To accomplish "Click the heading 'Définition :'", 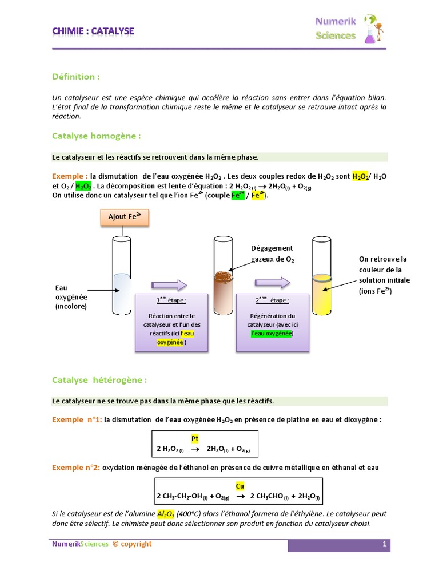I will click(76, 77).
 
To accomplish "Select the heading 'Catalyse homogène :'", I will click(96, 136).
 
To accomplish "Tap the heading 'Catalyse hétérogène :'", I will click(99, 379).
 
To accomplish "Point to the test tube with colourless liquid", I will click(122, 275).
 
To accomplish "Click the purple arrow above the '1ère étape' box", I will click(169, 284).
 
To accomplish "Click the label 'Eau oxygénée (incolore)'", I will click(71, 298).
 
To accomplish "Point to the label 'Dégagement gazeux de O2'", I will click(272, 254).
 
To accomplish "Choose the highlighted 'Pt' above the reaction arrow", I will click(195, 438).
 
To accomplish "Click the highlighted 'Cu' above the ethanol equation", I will click(240, 486).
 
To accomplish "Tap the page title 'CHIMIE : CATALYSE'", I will click(93, 31).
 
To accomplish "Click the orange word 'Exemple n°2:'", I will click(76, 468).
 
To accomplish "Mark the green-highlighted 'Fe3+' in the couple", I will click(236, 195).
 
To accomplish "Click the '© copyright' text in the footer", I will click(132, 544).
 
